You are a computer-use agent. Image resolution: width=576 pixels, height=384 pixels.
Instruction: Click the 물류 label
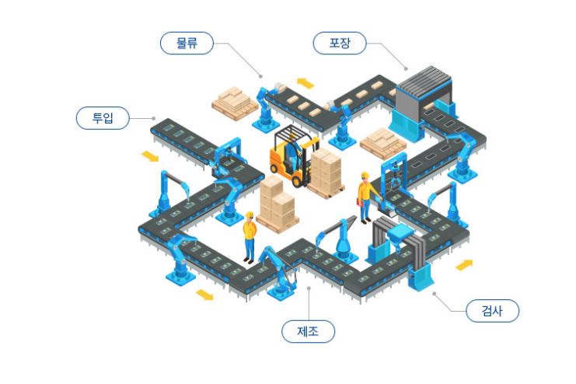point(187,43)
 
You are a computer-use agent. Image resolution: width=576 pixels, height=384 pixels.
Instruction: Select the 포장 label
point(339,43)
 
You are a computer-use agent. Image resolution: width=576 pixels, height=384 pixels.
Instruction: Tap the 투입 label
point(103,118)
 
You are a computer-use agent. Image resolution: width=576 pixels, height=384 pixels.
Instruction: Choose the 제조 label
point(308,331)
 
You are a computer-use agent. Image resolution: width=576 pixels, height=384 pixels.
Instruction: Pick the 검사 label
point(492,312)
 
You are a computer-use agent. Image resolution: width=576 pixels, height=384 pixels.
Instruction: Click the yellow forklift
point(288,155)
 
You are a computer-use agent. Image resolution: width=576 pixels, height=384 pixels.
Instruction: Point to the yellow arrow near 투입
point(149,157)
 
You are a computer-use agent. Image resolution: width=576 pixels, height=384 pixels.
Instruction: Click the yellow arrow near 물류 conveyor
point(305,82)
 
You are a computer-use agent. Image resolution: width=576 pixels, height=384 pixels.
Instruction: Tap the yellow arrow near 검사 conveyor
point(464,265)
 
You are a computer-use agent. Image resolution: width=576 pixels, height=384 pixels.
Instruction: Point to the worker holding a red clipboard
point(365,199)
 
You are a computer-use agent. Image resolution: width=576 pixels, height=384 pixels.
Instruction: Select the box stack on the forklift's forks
point(326,173)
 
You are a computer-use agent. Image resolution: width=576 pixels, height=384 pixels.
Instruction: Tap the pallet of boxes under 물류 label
point(235,99)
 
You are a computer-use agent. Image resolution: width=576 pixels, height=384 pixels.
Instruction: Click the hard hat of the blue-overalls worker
point(250,215)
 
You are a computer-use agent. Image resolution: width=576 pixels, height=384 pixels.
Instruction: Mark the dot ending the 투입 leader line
point(154,119)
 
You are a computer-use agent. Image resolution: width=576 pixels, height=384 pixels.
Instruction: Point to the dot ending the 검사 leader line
point(434,294)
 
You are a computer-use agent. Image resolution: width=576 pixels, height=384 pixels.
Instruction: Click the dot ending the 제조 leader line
point(309,288)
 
